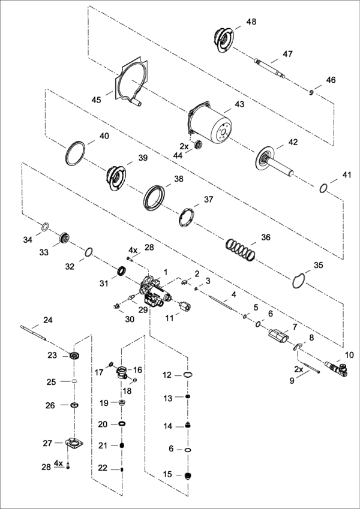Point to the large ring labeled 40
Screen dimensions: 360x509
[76, 153]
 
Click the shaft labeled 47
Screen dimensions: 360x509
[269, 68]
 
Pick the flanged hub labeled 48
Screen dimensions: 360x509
[223, 40]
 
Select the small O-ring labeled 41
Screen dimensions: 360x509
[323, 188]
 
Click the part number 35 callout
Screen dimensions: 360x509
[319, 265]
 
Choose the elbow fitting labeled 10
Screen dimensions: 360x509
[336, 369]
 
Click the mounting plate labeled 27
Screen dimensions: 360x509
[74, 443]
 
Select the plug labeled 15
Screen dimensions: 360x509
[187, 475]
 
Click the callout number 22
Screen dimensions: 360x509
[103, 468]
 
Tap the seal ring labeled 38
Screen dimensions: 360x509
[154, 197]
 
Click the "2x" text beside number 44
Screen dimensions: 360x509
[184, 146]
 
